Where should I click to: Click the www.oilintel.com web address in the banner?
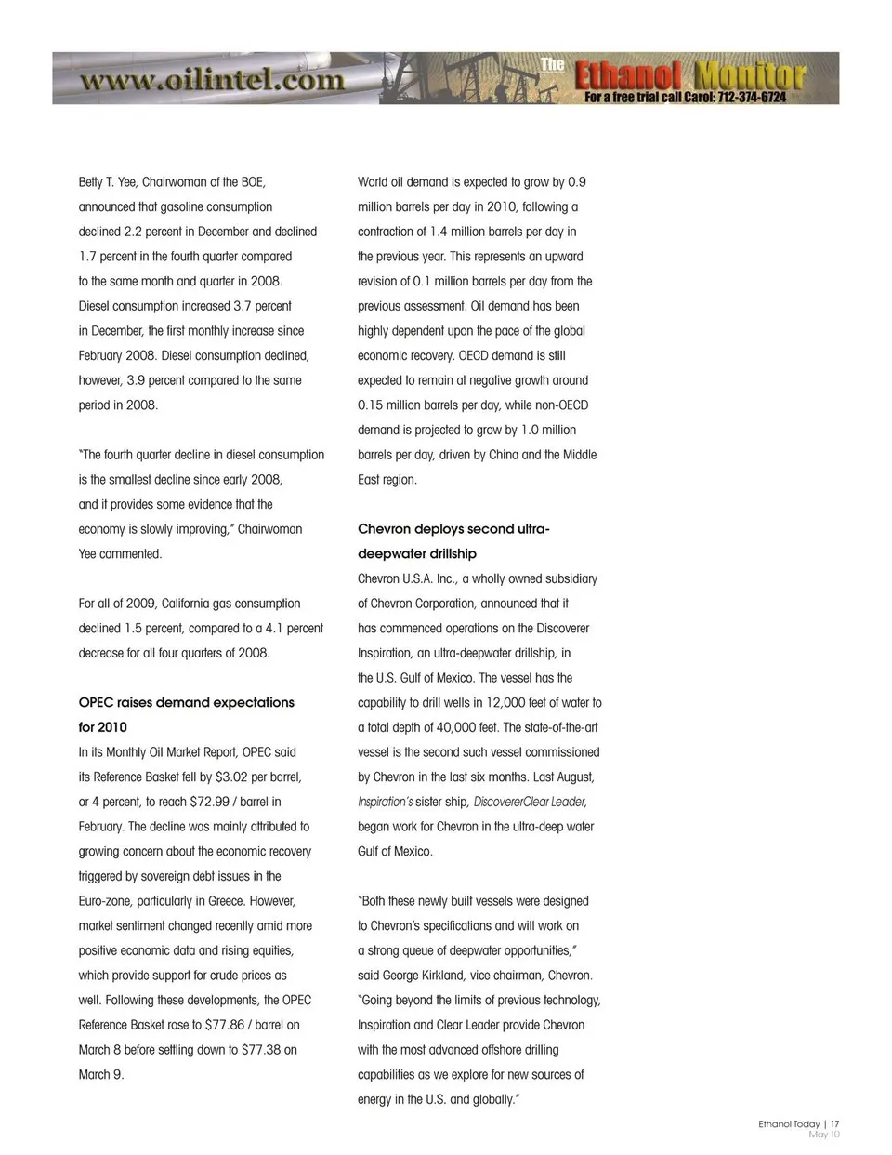212,80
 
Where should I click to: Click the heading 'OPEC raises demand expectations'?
186,702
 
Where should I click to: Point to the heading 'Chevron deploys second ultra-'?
453,529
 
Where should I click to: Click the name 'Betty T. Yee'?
109,182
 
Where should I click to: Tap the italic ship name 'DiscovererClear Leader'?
530,802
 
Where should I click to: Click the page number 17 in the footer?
835,1123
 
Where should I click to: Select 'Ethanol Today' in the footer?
789,1123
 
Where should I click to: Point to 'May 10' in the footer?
824,1135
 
